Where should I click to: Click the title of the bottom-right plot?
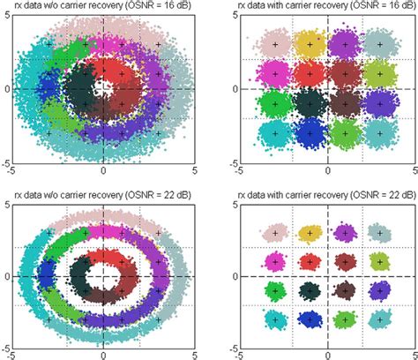pyautogui.click(x=328, y=194)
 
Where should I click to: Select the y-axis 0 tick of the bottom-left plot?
pyautogui.click(x=6, y=276)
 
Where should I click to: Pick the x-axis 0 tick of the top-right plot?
pyautogui.click(x=328, y=169)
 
